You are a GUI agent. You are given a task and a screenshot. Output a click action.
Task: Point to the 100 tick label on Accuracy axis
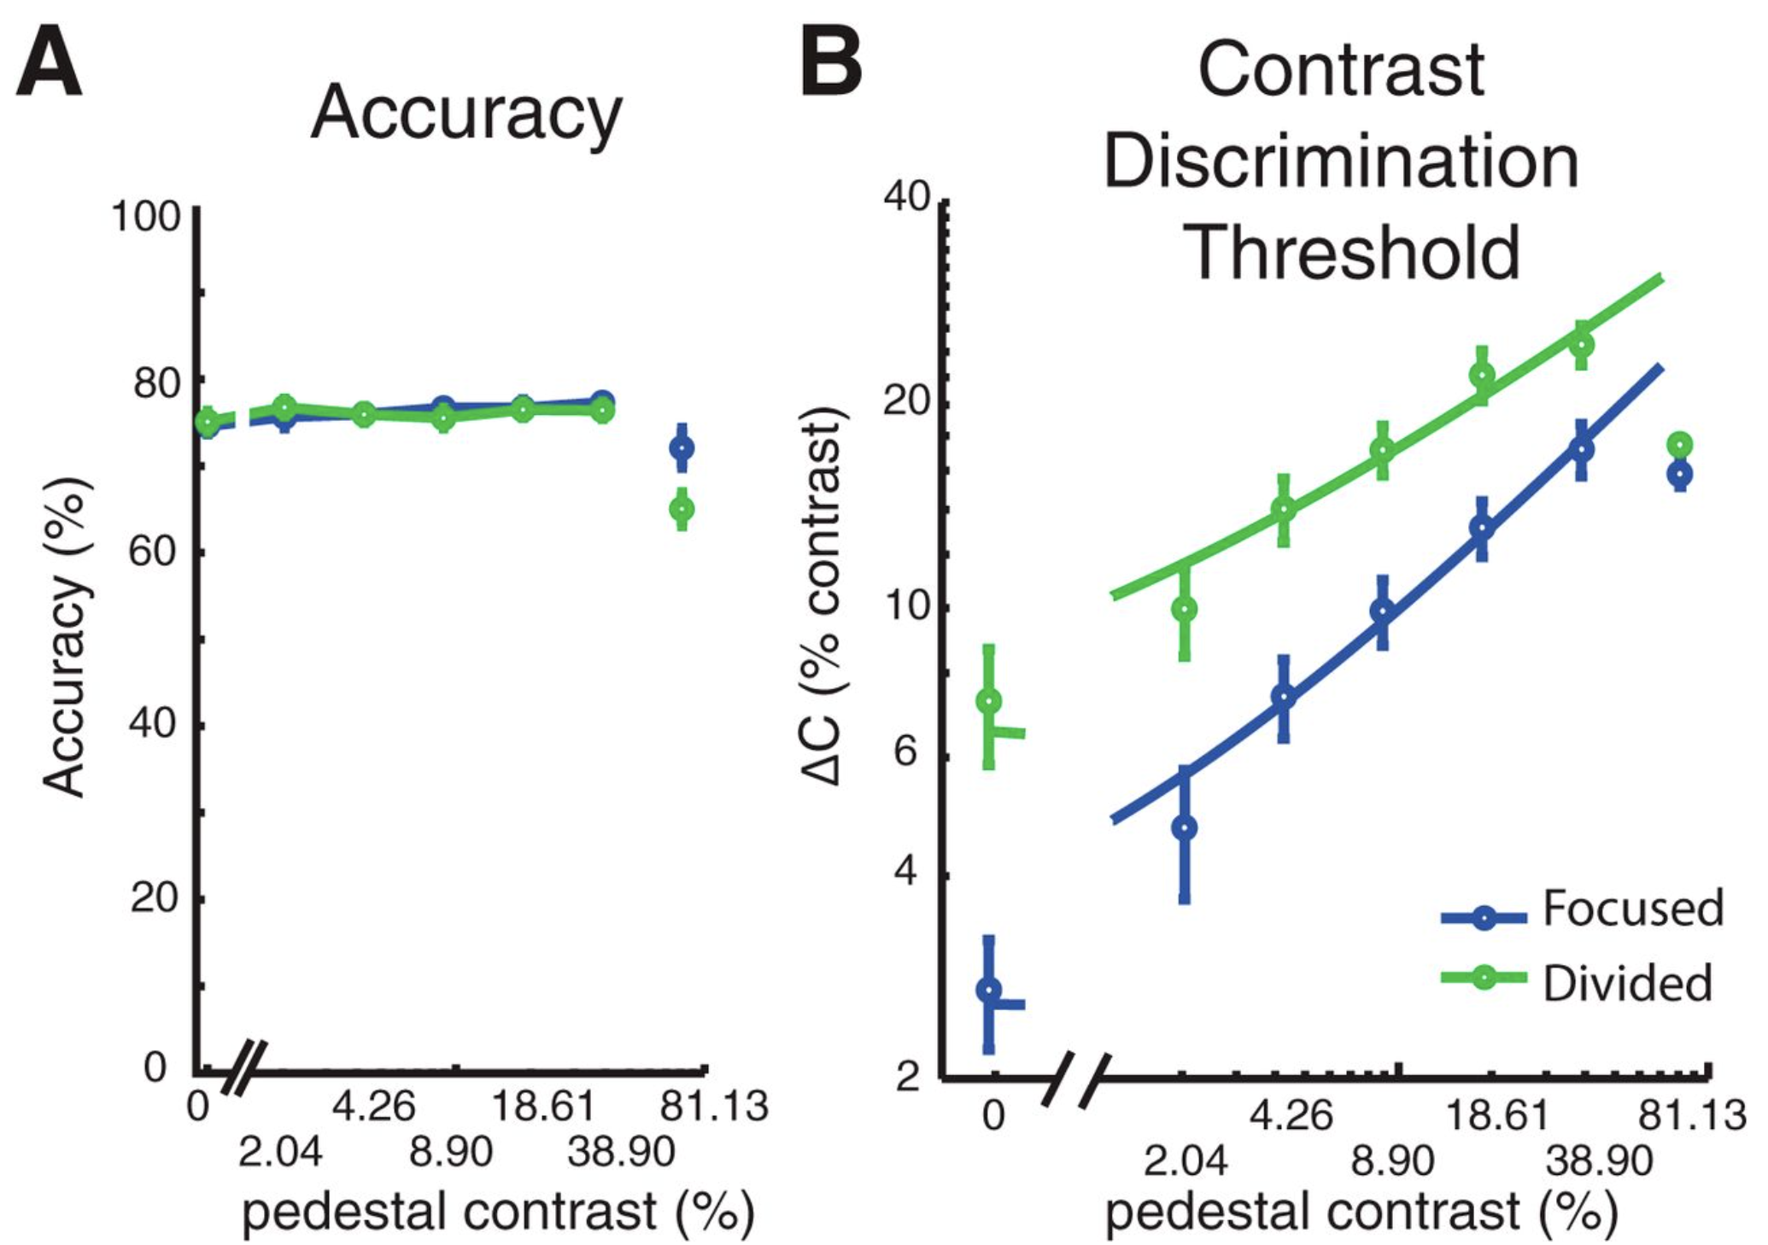(x=146, y=216)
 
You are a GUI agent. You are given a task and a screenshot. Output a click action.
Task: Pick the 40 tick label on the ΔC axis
(x=907, y=197)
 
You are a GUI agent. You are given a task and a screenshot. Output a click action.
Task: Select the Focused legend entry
(x=1631, y=909)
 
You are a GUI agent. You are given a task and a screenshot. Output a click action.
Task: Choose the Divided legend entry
(x=1626, y=983)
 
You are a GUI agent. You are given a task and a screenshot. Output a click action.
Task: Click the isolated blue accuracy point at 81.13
(x=682, y=447)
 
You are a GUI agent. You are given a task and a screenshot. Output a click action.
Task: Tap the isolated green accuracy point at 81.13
(x=682, y=509)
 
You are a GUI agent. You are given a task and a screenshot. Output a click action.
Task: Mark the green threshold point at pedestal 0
(x=989, y=701)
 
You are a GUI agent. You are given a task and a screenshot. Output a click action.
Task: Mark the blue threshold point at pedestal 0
(x=989, y=990)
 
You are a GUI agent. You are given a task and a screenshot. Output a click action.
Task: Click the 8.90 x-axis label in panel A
(x=451, y=1153)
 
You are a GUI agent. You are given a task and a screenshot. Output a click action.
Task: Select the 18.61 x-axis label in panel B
(x=1496, y=1115)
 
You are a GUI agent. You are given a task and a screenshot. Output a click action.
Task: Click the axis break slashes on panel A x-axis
(x=245, y=1067)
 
